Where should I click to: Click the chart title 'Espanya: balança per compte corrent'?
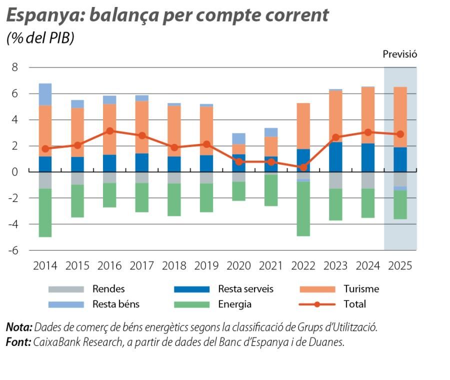[167, 15]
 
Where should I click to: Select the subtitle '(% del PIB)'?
[40, 38]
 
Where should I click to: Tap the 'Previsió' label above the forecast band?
[399, 54]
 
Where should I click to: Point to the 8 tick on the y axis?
[15, 67]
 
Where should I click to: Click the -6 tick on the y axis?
[13, 250]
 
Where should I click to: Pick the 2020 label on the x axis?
[239, 265]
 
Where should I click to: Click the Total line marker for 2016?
[110, 131]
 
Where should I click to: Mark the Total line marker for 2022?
[303, 167]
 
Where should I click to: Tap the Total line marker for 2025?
[400, 134]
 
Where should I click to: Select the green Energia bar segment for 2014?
[45, 212]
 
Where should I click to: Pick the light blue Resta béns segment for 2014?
[45, 94]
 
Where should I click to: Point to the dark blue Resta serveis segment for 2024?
[367, 157]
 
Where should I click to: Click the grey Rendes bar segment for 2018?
[174, 177]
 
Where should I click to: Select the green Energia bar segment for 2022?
[303, 209]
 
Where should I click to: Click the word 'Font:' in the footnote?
[18, 342]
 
